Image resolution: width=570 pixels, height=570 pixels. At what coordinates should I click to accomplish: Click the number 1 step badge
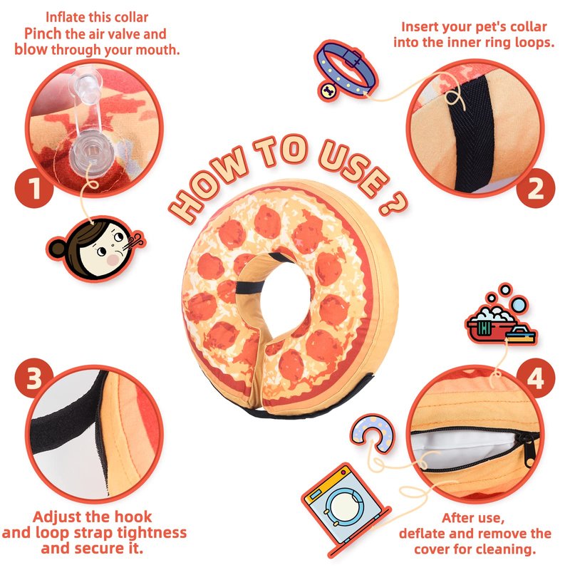click(x=33, y=188)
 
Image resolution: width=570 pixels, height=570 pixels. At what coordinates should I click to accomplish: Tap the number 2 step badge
click(x=536, y=188)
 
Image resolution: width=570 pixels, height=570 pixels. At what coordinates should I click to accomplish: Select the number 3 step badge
click(x=33, y=378)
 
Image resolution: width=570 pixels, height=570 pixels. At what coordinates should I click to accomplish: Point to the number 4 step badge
click(x=536, y=378)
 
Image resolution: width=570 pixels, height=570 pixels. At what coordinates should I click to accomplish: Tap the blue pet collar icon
click(x=346, y=70)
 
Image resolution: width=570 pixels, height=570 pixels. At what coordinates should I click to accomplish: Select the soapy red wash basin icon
click(x=501, y=321)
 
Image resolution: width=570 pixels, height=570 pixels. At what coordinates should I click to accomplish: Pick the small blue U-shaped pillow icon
click(x=371, y=432)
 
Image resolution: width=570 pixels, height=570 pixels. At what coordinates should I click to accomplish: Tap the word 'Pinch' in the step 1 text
click(x=43, y=34)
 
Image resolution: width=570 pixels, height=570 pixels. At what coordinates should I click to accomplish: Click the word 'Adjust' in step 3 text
click(x=56, y=517)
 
